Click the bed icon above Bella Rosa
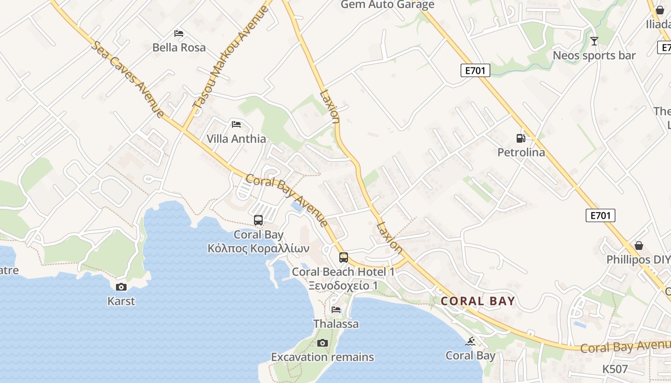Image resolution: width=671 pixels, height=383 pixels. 179,34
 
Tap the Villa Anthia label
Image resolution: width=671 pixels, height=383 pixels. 236,139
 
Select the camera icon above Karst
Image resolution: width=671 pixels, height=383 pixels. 121,287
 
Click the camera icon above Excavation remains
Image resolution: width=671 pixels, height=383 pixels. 323,343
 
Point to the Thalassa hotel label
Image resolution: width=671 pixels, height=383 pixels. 336,324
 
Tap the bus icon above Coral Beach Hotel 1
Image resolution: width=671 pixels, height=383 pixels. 344,258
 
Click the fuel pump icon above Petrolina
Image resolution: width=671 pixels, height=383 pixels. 521,138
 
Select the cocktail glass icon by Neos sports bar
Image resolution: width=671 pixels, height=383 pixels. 594,41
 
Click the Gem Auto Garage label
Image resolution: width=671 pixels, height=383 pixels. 388,5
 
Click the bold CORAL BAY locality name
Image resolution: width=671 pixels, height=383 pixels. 478,301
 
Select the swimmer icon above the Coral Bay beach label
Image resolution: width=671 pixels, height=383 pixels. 471,341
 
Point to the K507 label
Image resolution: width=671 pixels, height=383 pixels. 615,369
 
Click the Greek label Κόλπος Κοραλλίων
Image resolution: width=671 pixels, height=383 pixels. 258,248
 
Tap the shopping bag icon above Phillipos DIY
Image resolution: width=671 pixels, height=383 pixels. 639,246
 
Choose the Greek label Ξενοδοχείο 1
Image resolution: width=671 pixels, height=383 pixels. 343,286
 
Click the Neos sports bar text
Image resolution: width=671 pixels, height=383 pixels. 594,56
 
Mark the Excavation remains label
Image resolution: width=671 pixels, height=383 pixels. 323,357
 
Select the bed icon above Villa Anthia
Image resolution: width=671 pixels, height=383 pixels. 236,124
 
